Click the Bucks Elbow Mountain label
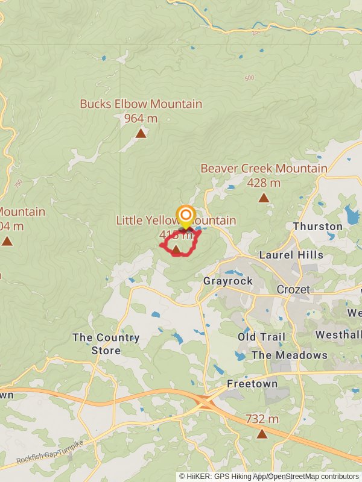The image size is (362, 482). pyautogui.click(x=141, y=104)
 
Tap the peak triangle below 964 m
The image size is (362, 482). pyautogui.click(x=141, y=134)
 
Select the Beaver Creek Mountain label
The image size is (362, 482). pyautogui.click(x=264, y=169)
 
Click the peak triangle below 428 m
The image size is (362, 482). pyautogui.click(x=264, y=198)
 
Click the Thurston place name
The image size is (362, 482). pyautogui.click(x=317, y=227)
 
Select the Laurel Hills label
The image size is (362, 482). pyautogui.click(x=291, y=255)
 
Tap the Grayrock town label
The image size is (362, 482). pyautogui.click(x=227, y=281)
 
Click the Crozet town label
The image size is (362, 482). pyautogui.click(x=293, y=290)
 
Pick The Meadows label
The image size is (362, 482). pyautogui.click(x=289, y=355)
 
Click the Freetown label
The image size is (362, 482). pyautogui.click(x=252, y=384)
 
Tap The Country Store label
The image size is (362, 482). pyautogui.click(x=106, y=344)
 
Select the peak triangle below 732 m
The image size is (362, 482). pyautogui.click(x=262, y=434)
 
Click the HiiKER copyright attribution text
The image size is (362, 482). pyautogui.click(x=269, y=477)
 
